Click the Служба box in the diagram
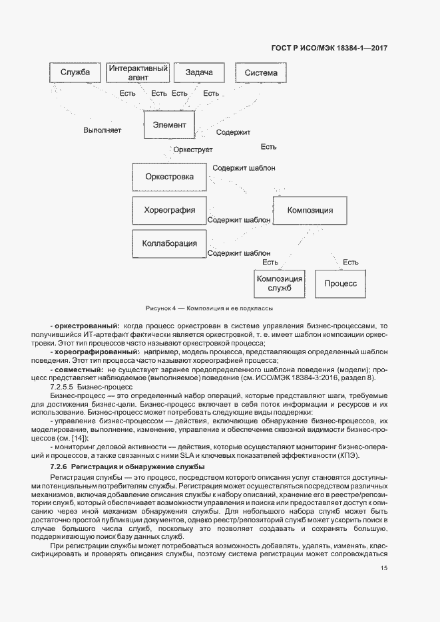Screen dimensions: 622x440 tap(75, 72)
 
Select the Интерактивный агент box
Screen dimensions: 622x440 tap(137, 72)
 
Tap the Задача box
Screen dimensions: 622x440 tap(198, 72)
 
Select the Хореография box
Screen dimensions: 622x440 tap(169, 211)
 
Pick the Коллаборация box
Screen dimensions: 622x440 tap(169, 244)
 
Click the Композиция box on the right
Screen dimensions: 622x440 tap(310, 211)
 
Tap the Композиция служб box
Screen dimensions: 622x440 tap(280, 283)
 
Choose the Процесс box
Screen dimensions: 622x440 tap(340, 283)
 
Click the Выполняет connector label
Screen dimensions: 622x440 tap(102, 130)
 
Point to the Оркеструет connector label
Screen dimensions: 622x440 tap(193, 150)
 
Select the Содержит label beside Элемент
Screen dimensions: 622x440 tap(232, 132)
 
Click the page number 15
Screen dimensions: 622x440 tap(384, 568)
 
